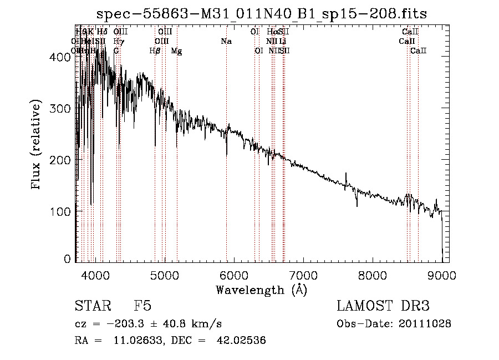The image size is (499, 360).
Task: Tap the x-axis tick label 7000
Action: [303, 275]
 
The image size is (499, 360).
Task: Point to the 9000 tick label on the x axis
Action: [442, 275]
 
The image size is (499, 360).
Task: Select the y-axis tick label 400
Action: [62, 57]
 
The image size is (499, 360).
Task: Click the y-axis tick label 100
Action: [62, 211]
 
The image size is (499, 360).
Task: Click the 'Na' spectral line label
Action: [226, 42]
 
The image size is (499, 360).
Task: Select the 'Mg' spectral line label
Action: [176, 51]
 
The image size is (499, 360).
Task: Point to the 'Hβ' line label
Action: [155, 51]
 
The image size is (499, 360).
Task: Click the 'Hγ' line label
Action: [118, 42]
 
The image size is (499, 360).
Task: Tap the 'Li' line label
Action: [283, 42]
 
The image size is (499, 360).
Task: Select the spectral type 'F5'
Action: [142, 306]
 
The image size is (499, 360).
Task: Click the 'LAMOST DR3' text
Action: [383, 306]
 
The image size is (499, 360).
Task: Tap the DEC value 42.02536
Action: [240, 341]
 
